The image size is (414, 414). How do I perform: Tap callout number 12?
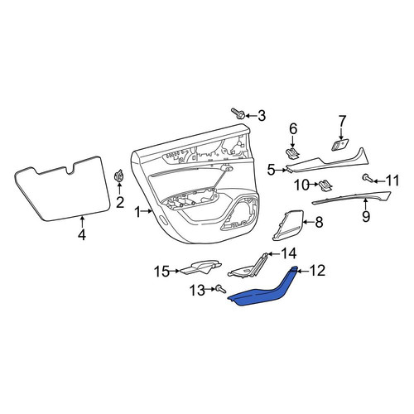tap(317, 271)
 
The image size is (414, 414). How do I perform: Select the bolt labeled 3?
tap(237, 113)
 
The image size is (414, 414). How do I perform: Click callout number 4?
tap(82, 235)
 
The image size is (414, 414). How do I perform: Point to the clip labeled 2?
tap(119, 176)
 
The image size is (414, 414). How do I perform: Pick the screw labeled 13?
tap(221, 289)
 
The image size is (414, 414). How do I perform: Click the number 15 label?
tap(161, 272)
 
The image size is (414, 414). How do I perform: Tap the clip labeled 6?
tap(292, 154)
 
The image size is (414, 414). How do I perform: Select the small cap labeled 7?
tap(339, 145)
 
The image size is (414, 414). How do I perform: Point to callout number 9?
tap(366, 216)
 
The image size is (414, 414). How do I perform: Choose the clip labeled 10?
tap(325, 185)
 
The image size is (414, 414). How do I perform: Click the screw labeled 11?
tap(368, 178)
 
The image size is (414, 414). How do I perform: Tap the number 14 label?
tap(288, 253)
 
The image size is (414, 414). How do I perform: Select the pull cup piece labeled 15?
tap(200, 267)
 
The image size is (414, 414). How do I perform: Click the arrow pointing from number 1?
tap(147, 212)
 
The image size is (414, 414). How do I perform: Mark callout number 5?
tap(272, 171)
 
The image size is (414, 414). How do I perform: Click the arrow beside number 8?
tap(309, 222)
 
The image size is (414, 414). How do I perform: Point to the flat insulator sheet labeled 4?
tap(62, 189)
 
